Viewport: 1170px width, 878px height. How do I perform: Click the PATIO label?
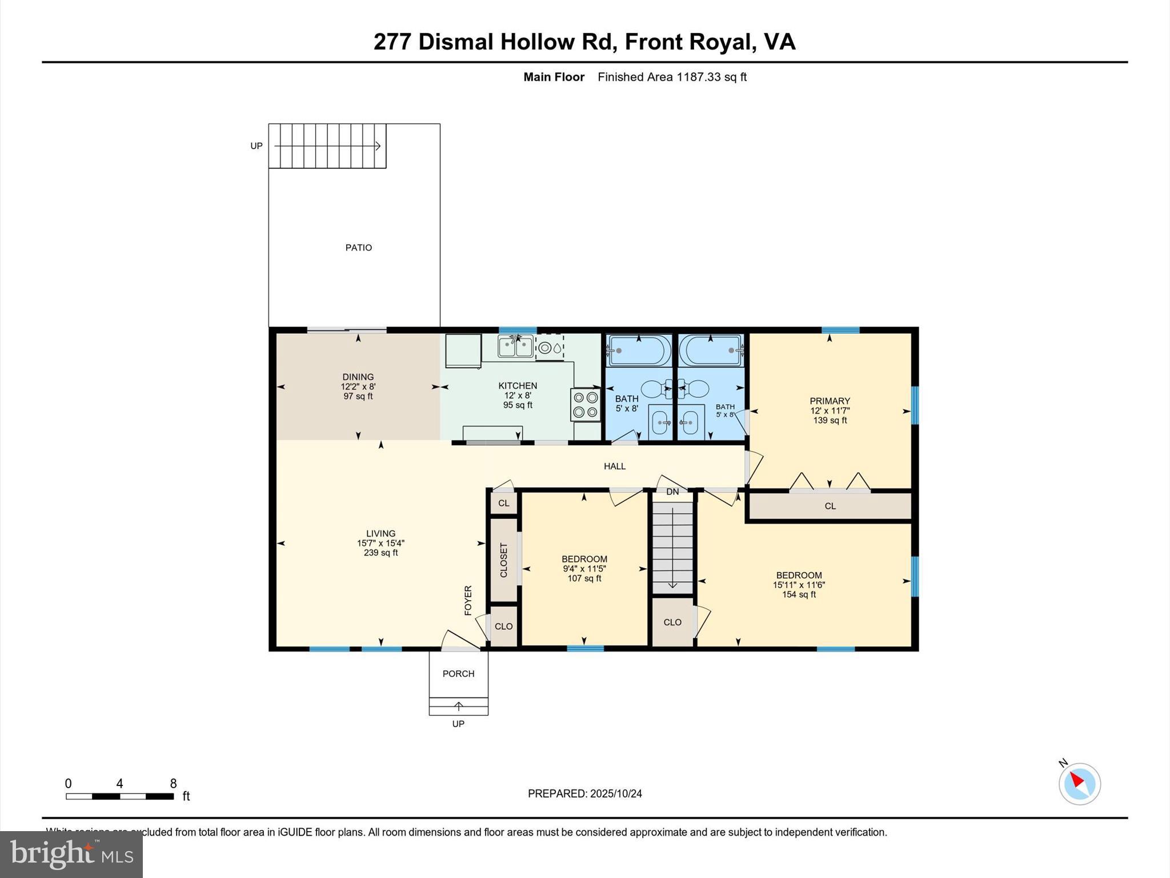pyautogui.click(x=358, y=248)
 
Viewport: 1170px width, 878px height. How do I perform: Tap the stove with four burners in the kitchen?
pyautogui.click(x=586, y=405)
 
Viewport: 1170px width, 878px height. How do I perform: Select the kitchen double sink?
pyautogui.click(x=515, y=346)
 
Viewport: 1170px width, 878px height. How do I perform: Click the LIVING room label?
pyautogui.click(x=380, y=533)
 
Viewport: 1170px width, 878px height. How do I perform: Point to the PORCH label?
pyautogui.click(x=458, y=674)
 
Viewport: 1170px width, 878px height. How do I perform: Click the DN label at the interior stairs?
pyautogui.click(x=672, y=492)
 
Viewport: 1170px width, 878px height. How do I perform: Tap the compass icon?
pyautogui.click(x=1079, y=784)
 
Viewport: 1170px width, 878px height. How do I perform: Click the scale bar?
pyautogui.click(x=119, y=796)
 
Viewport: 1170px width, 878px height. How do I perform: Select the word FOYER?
pyautogui.click(x=468, y=600)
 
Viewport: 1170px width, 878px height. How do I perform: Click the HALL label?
pyautogui.click(x=615, y=466)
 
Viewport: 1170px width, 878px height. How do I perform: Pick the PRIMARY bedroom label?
pyautogui.click(x=830, y=401)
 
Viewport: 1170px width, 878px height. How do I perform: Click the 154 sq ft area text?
pyautogui.click(x=799, y=594)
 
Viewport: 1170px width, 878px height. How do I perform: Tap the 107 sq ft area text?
pyautogui.click(x=584, y=578)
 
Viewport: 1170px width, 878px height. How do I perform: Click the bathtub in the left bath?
pyautogui.click(x=639, y=349)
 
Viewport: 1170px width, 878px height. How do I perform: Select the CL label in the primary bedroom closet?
pyautogui.click(x=830, y=506)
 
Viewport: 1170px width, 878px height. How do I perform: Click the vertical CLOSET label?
pyautogui.click(x=503, y=560)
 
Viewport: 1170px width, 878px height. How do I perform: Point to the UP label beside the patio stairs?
pyautogui.click(x=257, y=146)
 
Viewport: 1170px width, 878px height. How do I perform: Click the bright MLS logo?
pyautogui.click(x=71, y=854)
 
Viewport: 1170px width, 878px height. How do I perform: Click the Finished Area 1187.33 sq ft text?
pyautogui.click(x=672, y=77)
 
